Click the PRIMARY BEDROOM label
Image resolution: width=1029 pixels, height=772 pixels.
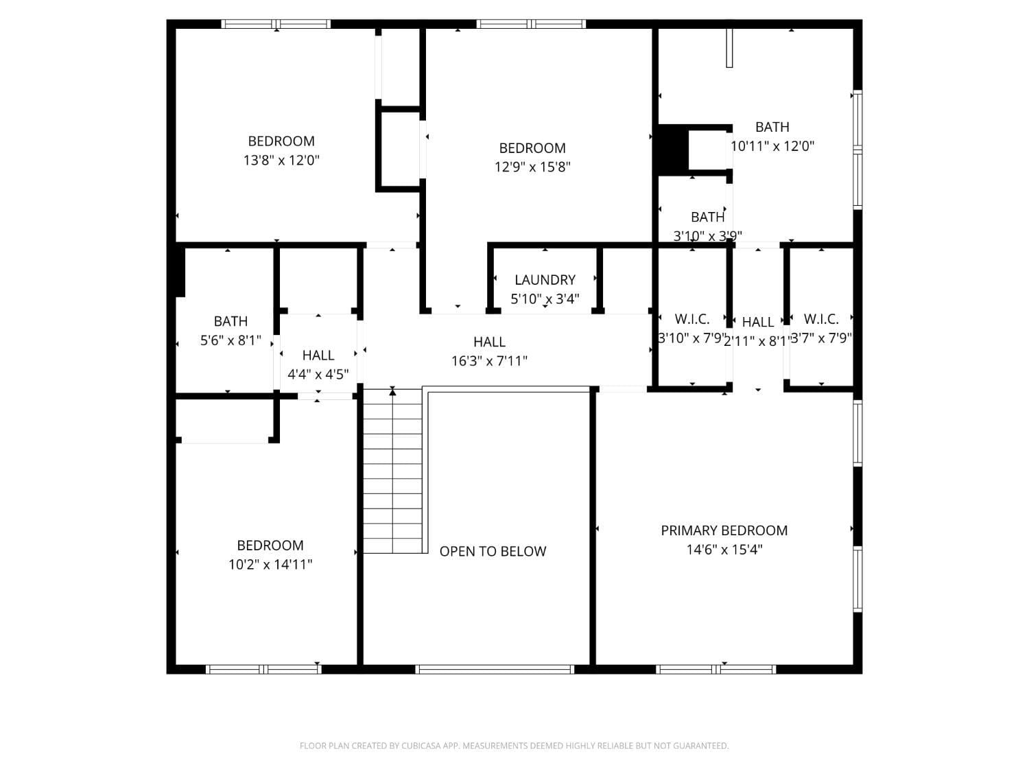(724, 530)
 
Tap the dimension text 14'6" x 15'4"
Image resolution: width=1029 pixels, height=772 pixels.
(724, 550)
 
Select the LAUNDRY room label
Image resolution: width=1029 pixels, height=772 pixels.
(545, 280)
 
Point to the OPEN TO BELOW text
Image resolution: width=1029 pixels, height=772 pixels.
(493, 552)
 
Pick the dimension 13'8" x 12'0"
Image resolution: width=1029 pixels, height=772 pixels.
(281, 161)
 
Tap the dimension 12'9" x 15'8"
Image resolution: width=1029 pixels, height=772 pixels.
(532, 167)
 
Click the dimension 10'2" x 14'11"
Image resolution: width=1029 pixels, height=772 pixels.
(270, 565)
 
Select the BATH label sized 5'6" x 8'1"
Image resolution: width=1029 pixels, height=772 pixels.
(230, 321)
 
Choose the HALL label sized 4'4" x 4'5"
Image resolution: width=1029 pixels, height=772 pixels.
(318, 355)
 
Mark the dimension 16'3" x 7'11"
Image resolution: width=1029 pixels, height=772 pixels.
(489, 361)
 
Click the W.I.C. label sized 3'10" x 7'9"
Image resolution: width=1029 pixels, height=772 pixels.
(692, 319)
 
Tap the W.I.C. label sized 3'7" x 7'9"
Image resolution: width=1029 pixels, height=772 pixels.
(821, 319)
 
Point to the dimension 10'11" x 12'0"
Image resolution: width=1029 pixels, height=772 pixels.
(772, 146)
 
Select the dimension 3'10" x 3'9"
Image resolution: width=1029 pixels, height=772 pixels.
(707, 236)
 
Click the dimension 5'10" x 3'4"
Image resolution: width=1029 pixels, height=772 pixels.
(545, 299)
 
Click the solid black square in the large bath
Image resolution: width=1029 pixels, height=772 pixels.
(673, 150)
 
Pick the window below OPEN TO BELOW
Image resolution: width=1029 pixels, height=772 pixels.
(494, 669)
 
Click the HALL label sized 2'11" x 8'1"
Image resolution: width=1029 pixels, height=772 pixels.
(758, 322)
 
